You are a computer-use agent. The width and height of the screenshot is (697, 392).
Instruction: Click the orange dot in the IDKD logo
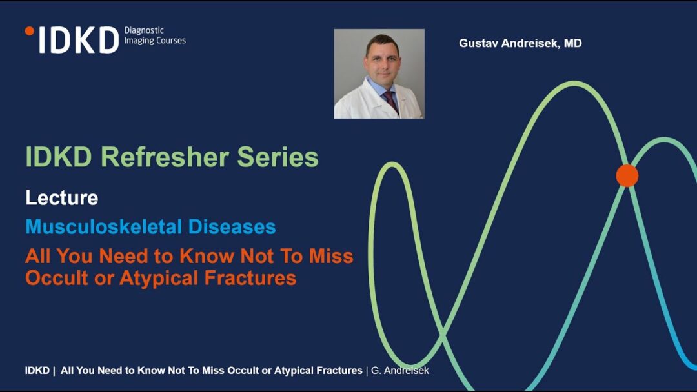[29, 31]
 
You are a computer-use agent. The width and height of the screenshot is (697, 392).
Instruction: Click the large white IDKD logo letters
[79, 40]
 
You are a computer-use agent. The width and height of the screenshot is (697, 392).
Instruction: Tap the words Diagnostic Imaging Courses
[155, 35]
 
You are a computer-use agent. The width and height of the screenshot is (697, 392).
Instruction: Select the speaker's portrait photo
[379, 73]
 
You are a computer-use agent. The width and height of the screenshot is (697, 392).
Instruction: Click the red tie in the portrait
[390, 102]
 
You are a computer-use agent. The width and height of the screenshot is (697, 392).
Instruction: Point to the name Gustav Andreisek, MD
[520, 43]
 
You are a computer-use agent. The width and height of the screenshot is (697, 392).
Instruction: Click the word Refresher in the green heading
[165, 157]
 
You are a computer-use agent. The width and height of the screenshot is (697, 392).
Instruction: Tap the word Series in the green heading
[278, 157]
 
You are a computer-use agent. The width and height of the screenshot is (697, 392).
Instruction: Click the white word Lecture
[62, 197]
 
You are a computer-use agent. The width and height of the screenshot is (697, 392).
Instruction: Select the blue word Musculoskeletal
[103, 226]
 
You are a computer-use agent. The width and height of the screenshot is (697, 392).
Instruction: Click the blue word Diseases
[232, 226]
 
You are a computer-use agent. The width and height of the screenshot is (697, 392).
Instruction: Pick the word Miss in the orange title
[331, 256]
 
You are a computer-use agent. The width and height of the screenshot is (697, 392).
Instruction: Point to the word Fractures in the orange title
[250, 278]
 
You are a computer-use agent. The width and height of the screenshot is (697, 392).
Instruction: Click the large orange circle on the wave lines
[627, 175]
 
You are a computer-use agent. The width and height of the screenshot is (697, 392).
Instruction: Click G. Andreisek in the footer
[400, 370]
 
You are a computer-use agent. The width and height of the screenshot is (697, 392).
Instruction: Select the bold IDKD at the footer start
[37, 370]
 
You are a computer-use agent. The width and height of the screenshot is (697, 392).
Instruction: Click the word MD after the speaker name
[573, 43]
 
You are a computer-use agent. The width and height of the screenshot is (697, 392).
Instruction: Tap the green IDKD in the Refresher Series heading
[59, 157]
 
